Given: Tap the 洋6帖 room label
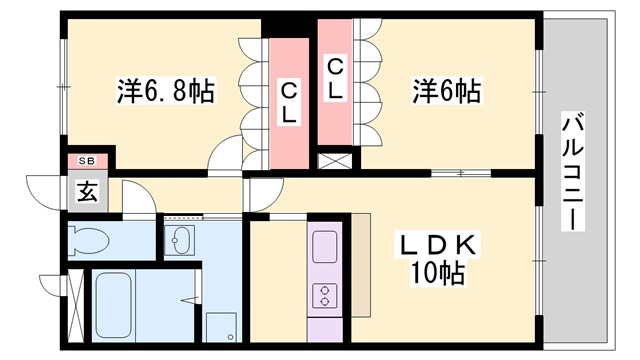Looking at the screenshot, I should (x=447, y=92).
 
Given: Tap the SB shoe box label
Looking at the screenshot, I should (x=86, y=161).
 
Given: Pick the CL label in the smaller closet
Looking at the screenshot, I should (x=335, y=79).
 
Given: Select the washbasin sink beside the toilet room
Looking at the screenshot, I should (x=181, y=241).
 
